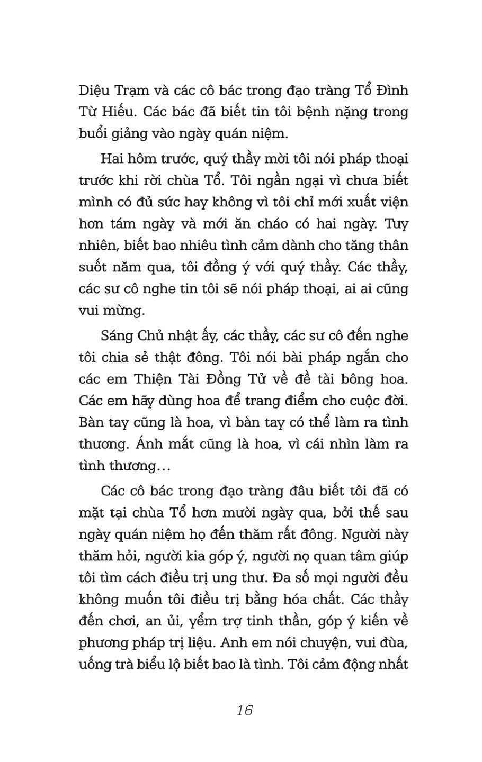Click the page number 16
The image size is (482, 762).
(245, 710)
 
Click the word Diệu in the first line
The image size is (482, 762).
(94, 90)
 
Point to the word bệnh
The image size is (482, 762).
(310, 112)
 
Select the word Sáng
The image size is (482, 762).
(115, 336)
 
